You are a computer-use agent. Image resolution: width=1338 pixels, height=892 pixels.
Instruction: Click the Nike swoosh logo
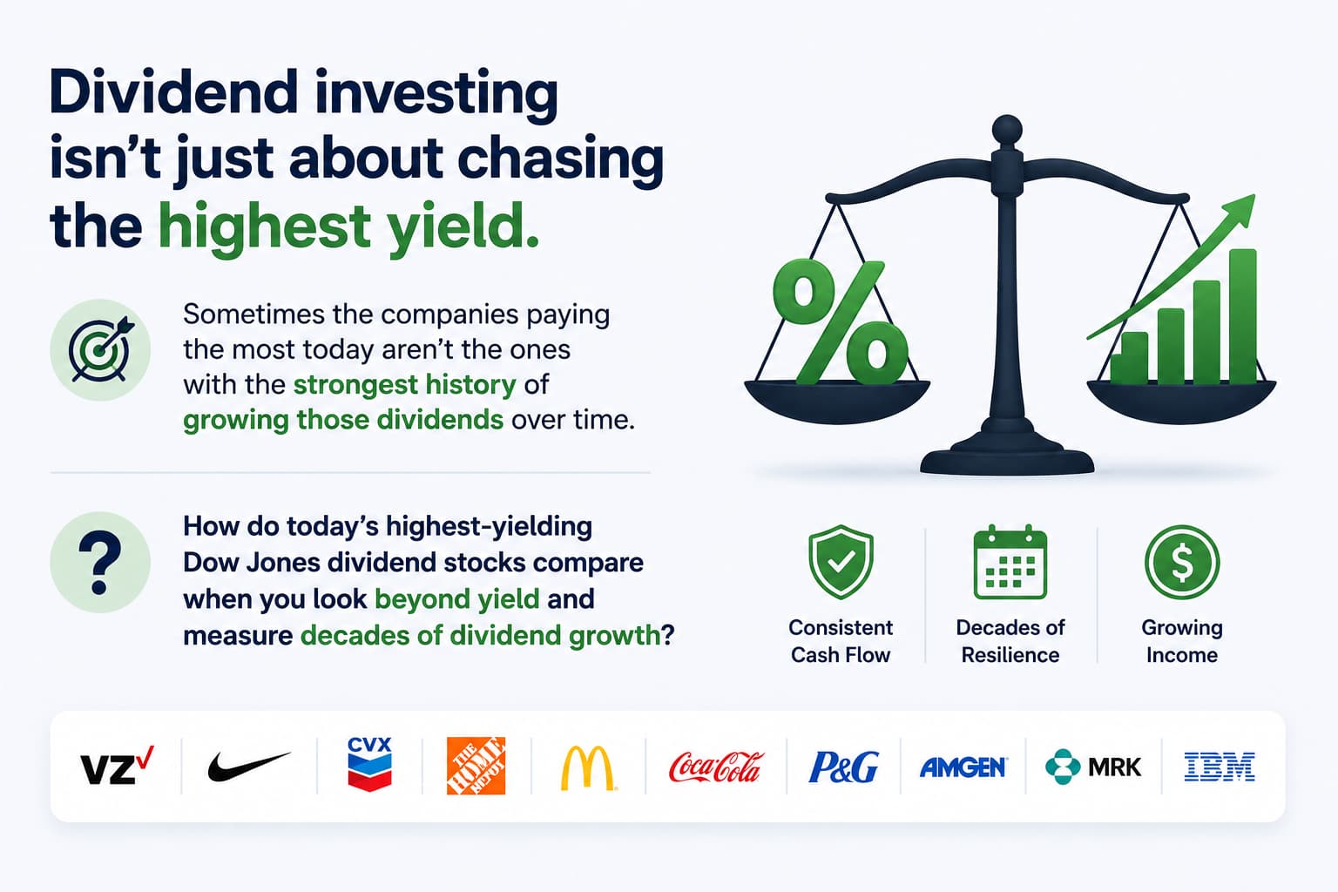pos(249,766)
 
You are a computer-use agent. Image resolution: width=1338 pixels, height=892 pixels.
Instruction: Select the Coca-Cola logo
pos(715,767)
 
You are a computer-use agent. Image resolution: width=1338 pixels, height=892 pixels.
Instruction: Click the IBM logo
pos(1220,767)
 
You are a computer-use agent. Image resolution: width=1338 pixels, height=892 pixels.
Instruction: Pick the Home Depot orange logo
pos(476,766)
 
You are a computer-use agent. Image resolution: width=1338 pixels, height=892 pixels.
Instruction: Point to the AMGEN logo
pos(963,767)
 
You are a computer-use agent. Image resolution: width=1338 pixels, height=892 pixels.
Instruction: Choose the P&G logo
pos(843,767)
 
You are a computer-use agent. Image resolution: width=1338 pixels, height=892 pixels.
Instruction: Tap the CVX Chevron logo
pos(369,765)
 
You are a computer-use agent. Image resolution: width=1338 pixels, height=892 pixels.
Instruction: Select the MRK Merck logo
pos(1093,767)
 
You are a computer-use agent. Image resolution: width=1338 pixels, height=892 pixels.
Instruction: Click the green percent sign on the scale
pos(840,322)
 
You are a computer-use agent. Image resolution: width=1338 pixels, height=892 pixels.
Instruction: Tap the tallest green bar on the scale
pos(1242,316)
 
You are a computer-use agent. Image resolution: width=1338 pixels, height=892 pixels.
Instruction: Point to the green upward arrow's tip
pos(1254,195)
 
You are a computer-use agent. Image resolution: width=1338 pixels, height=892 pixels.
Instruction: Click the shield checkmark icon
pos(841,562)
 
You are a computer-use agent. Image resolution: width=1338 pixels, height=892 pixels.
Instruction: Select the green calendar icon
pos(1010,562)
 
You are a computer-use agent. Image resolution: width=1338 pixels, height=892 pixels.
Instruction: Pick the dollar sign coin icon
pos(1181,562)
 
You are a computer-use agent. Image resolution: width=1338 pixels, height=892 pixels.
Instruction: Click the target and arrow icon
pos(100,350)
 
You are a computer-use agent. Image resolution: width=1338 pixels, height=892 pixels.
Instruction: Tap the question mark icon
pos(100,562)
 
